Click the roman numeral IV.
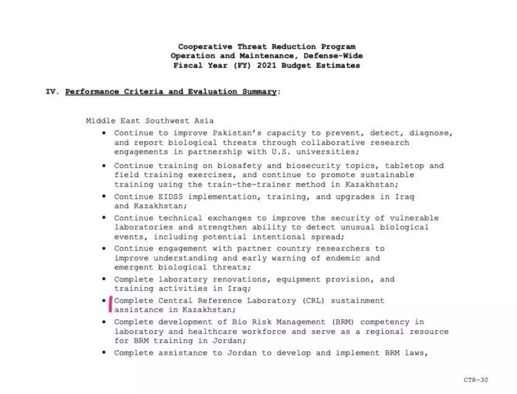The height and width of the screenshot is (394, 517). coord(52,92)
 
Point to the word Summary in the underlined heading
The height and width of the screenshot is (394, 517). coord(258,92)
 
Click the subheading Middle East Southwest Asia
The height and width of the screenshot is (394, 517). coord(150,121)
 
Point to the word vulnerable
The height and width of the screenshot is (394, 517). coord(412,218)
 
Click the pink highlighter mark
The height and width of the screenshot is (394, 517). coord(111,304)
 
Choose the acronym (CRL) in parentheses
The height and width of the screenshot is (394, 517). coord(309,300)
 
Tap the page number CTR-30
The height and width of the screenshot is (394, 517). coord(476,380)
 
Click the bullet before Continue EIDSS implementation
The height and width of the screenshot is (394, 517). coord(105,196)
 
